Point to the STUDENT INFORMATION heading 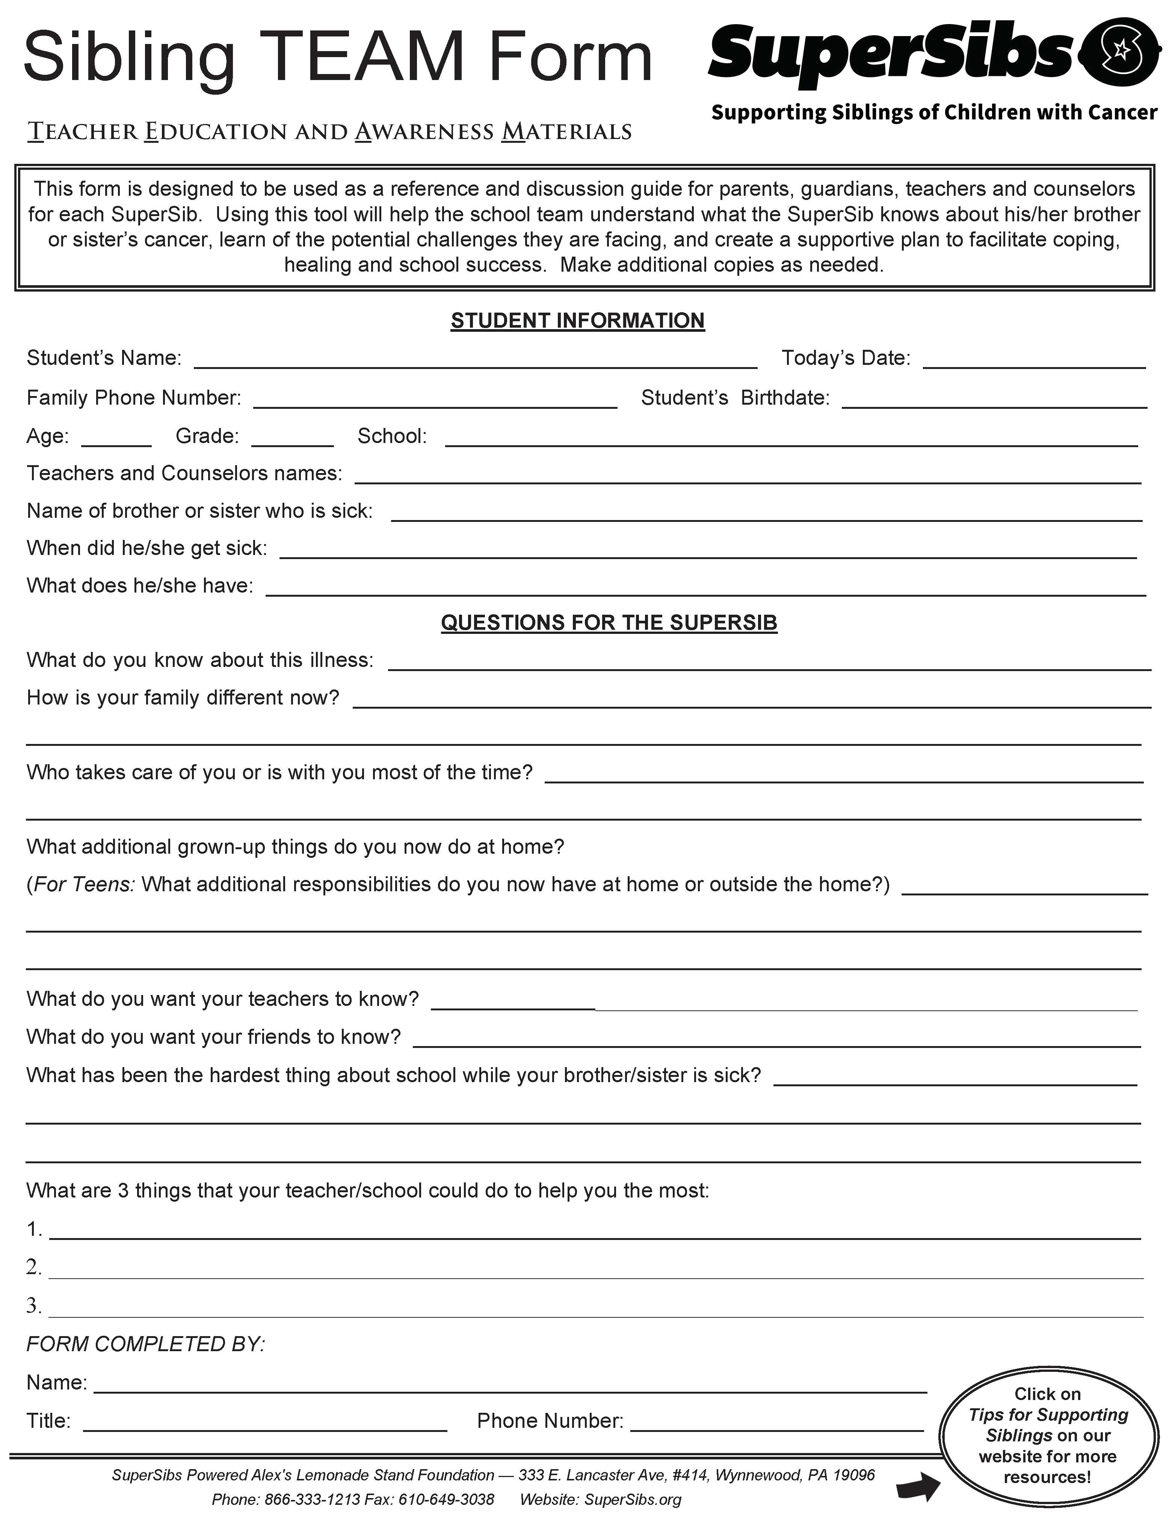click(x=578, y=321)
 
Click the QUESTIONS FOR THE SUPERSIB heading click(x=609, y=622)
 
